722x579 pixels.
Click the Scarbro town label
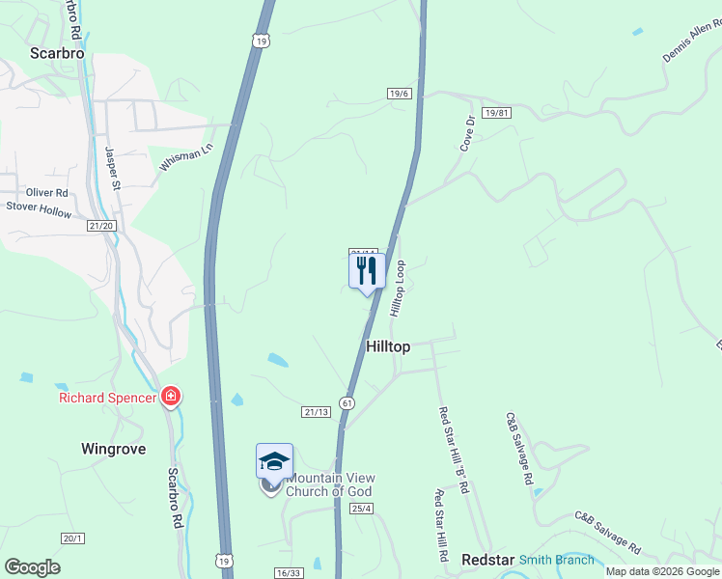point(57,54)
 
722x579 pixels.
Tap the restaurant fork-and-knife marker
point(367,270)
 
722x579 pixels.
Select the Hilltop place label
point(388,346)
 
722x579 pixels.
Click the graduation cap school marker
point(274,461)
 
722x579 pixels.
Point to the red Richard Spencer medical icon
point(171,397)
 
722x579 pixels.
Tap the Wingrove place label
point(113,448)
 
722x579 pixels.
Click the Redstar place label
point(486,560)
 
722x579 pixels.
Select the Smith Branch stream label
point(557,560)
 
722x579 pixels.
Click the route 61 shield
point(347,401)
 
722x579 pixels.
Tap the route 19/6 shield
point(400,94)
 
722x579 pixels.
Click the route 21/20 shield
point(101,226)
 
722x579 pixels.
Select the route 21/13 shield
point(317,411)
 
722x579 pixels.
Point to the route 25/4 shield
point(362,508)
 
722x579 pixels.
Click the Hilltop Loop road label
point(398,288)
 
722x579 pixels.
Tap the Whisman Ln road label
point(185,158)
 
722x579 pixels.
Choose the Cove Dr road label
point(468,132)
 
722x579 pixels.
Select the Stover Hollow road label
point(39,209)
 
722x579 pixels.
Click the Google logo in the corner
point(33,566)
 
